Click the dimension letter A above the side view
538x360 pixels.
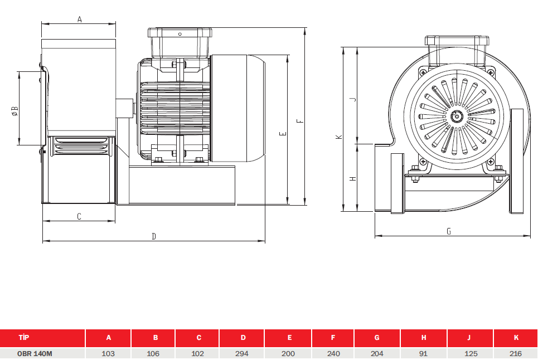80,19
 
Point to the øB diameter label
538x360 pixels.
14,111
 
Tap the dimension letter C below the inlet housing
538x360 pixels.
79,216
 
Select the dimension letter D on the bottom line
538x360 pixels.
154,236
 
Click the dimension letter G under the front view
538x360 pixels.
449,231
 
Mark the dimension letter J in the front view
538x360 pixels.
353,99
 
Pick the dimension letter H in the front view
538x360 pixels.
353,179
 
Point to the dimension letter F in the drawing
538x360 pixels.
300,121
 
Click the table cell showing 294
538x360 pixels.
242,353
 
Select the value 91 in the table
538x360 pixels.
423,353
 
